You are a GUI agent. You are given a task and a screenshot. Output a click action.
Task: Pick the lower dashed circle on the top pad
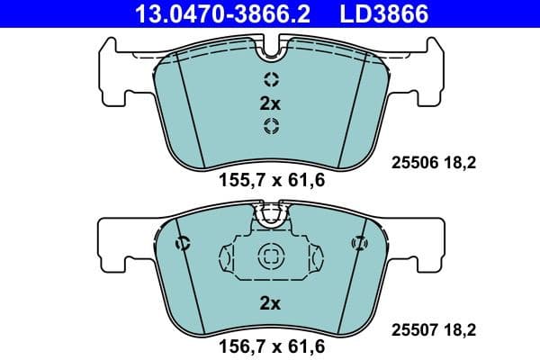pyautogui.click(x=270, y=126)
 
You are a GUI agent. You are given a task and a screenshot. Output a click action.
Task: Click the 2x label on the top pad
pyautogui.click(x=270, y=103)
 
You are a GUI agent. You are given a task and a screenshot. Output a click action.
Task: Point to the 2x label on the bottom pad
pyautogui.click(x=270, y=304)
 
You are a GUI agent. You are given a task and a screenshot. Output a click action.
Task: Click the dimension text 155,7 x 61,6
pyautogui.click(x=271, y=179)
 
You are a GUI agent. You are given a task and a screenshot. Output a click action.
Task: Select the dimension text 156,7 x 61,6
pyautogui.click(x=271, y=345)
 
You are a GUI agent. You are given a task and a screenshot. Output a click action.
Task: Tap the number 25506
pyautogui.click(x=413, y=163)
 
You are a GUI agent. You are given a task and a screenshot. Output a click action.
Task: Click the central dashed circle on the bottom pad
pyautogui.click(x=270, y=256)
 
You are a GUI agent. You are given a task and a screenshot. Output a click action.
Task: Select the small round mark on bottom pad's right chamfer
pyautogui.click(x=358, y=241)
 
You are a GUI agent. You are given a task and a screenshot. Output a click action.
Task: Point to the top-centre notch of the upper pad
pyautogui.click(x=270, y=45)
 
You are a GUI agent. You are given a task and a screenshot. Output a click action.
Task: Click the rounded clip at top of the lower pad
pyautogui.click(x=270, y=213)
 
